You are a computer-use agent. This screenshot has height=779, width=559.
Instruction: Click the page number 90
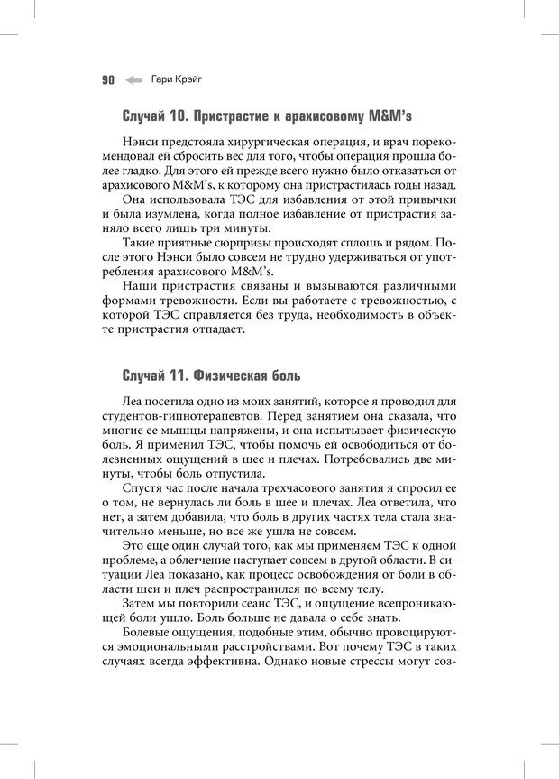pos(107,79)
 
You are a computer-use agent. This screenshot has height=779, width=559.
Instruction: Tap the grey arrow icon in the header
pos(133,79)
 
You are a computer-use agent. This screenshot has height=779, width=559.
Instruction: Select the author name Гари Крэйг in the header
pos(177,79)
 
